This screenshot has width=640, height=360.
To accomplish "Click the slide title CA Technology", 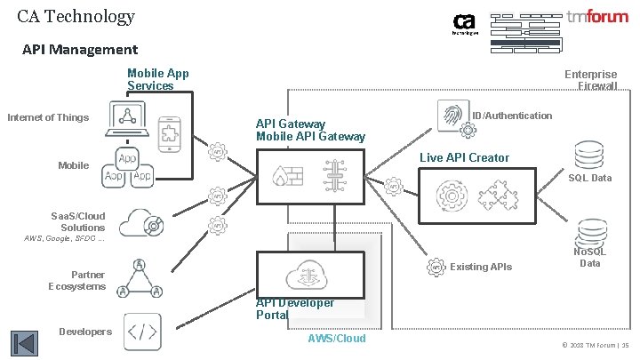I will pos(76,16).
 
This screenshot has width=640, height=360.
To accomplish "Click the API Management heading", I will pos(80,50).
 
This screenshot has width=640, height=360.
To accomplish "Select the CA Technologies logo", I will pos(467,24).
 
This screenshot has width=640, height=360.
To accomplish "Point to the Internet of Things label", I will pos(49,116).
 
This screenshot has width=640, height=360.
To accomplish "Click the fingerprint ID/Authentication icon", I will pos(452,115).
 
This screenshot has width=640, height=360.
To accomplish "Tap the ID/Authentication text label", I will pos(512,116).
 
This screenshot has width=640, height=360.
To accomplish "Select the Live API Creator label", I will pos(464,157).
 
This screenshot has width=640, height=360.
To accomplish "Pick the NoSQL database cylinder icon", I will pos(589,231).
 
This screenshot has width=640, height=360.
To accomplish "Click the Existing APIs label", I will pos(482,267).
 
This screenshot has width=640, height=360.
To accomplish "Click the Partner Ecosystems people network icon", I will pos(139,278).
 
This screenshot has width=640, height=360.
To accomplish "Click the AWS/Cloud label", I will pos(336,339).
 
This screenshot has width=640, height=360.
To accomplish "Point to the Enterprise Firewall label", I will pos(591,80).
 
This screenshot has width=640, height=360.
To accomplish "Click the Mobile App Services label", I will pos(157,79).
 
